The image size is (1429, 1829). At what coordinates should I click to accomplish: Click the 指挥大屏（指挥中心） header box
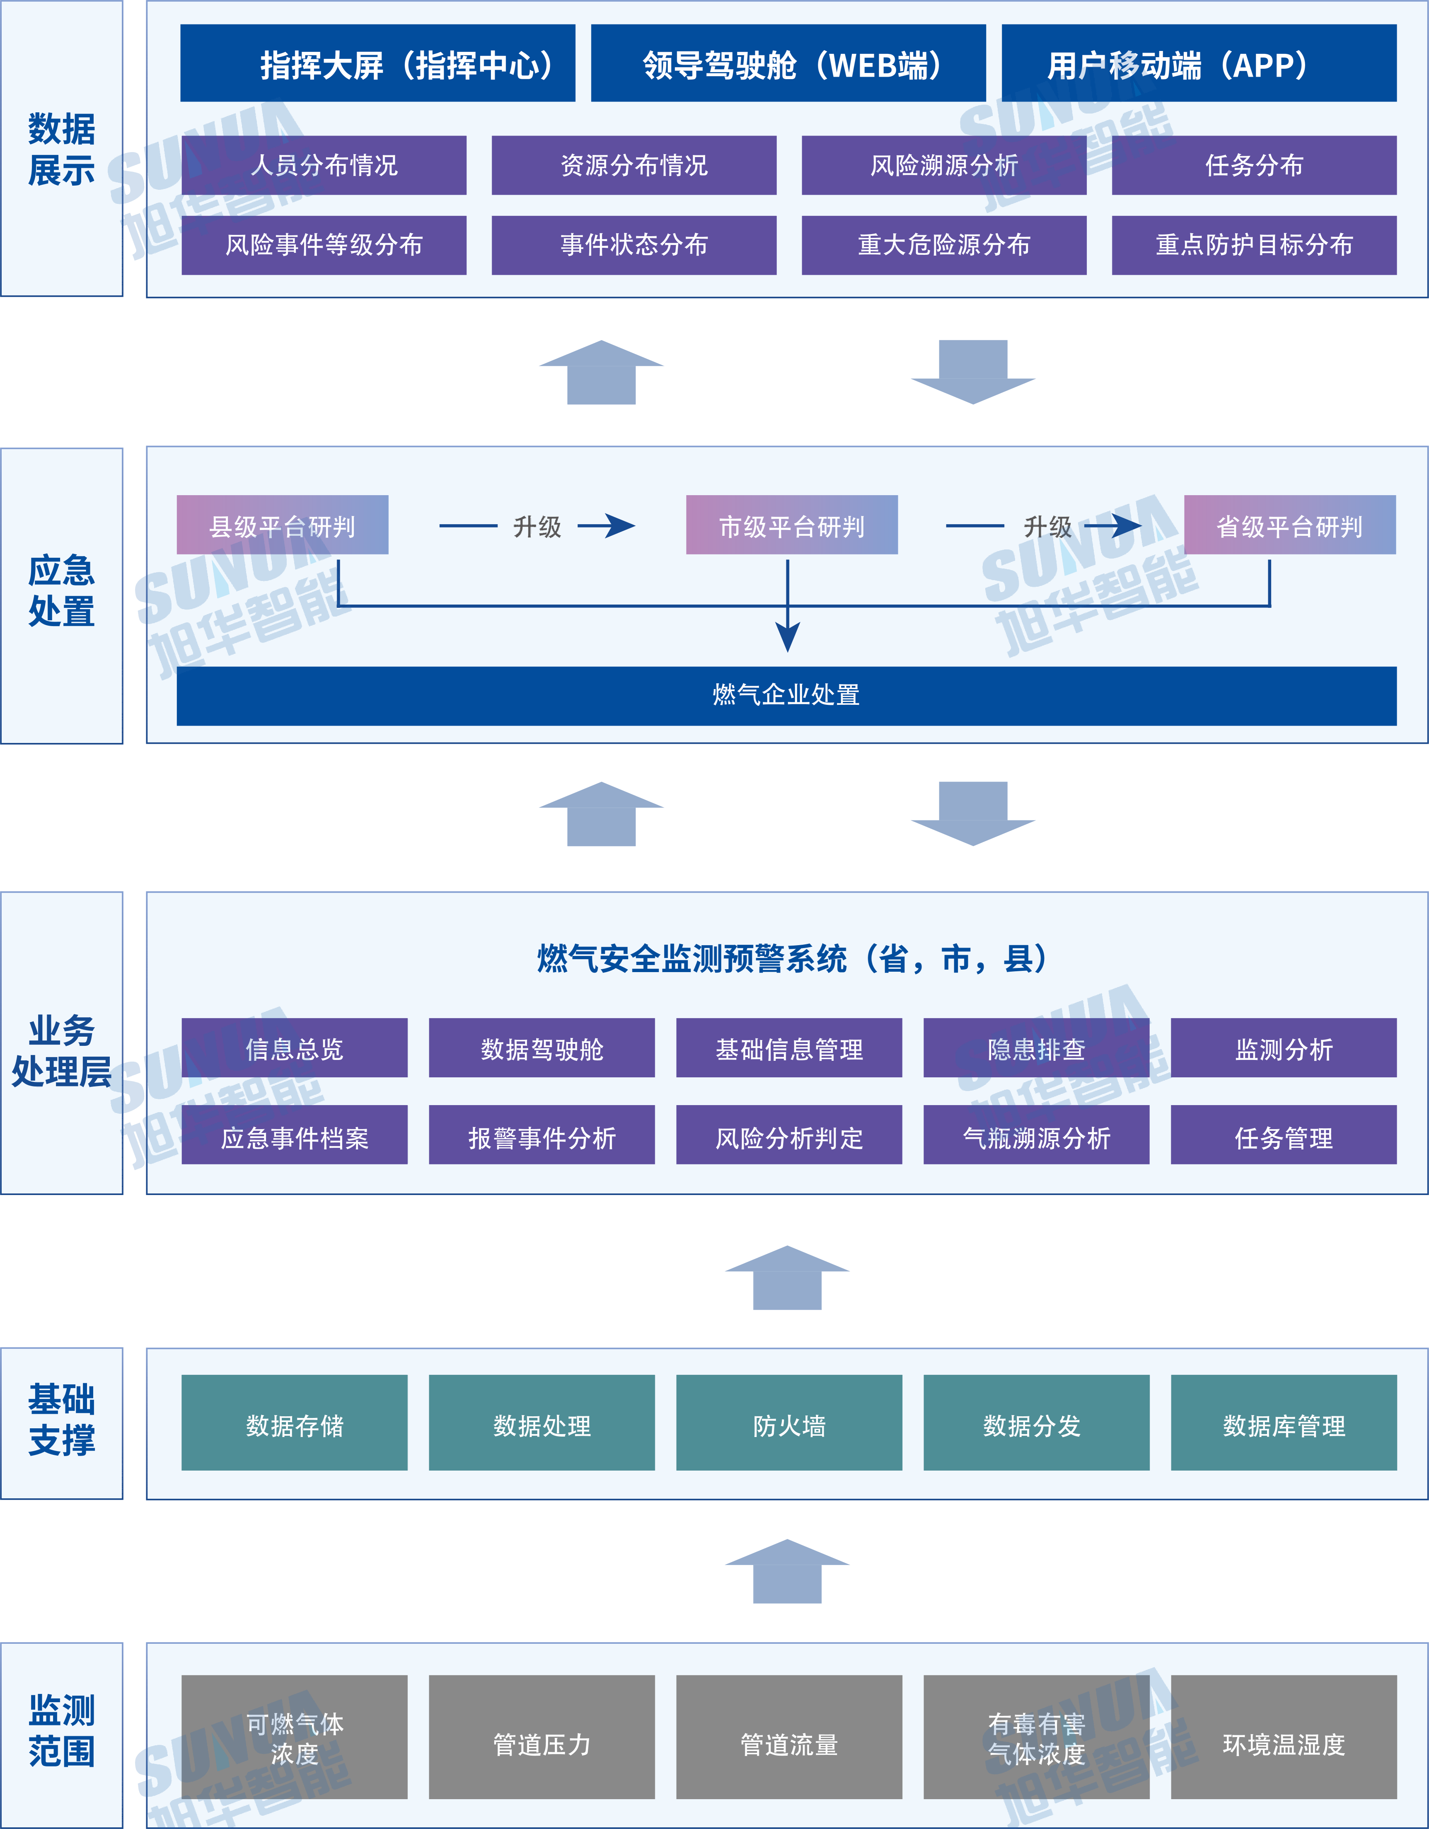click(377, 64)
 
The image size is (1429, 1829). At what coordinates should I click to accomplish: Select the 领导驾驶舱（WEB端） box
click(788, 64)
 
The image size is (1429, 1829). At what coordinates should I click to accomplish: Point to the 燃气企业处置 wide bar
click(786, 695)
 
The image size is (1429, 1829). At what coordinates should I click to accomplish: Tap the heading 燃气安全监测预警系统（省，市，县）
click(791, 959)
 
